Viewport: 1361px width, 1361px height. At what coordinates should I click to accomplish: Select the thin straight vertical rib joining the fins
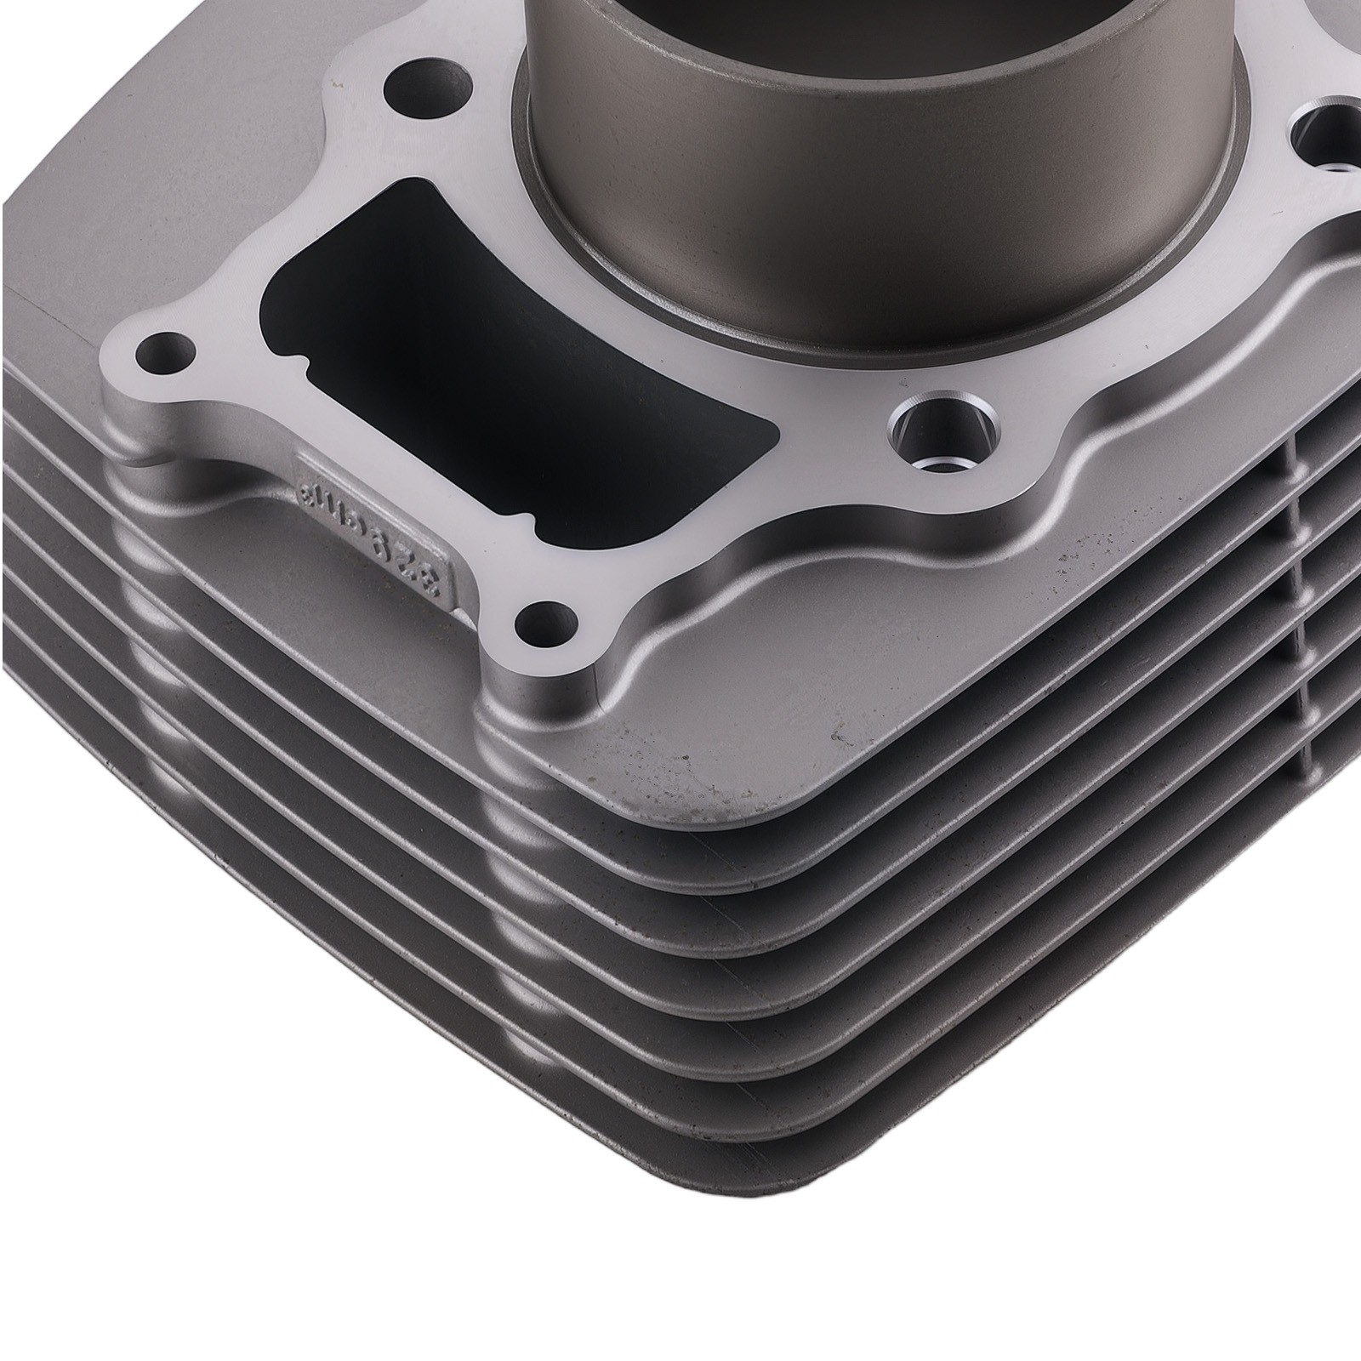[x=1301, y=595]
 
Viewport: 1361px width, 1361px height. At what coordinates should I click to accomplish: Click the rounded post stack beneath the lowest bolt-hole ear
[x=510, y=851]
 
